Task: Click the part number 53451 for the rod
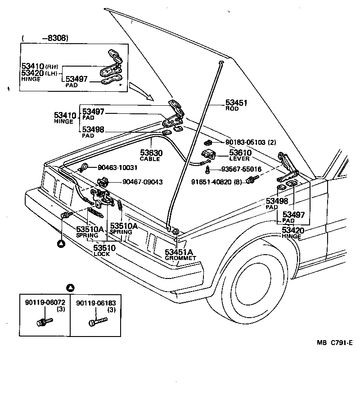tap(237, 103)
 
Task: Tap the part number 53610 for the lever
tap(240, 153)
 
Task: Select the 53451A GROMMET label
tap(179, 252)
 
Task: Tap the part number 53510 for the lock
tap(104, 247)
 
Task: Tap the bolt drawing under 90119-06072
tap(44, 322)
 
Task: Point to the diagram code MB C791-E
tap(334, 342)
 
